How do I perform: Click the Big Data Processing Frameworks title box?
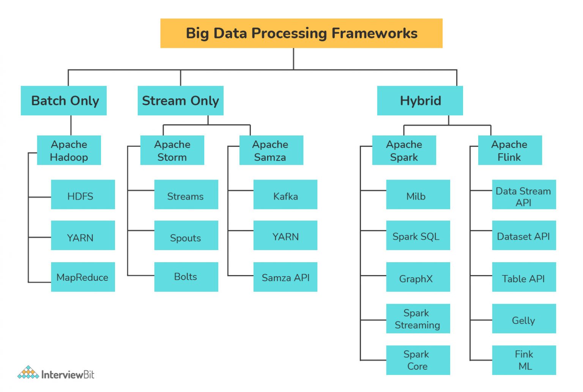301,33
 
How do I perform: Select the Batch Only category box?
64,101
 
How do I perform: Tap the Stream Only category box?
180,101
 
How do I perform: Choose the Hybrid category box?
420,101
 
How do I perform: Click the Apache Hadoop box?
69,150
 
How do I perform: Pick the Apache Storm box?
172,150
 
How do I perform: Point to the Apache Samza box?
271,150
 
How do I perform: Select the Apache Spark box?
404,150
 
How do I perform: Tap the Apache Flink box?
510,150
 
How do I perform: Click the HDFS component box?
83,195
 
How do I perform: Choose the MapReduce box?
83,277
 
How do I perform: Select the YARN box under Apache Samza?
285,236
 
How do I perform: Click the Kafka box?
285,195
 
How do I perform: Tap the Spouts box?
186,236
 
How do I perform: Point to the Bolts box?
186,277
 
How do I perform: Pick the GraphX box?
418,277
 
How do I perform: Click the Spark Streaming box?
418,319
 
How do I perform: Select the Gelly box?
524,319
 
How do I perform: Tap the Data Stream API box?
524,195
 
